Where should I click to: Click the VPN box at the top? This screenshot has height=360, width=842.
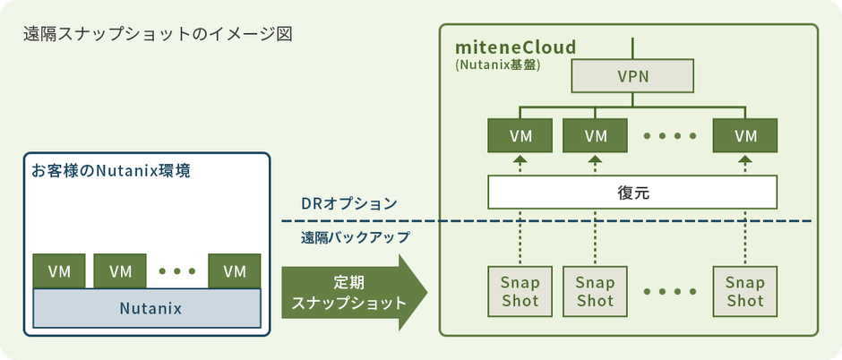(x=632, y=77)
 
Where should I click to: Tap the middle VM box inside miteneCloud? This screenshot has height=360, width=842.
(x=595, y=135)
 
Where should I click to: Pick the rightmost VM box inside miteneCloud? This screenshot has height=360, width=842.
(x=744, y=135)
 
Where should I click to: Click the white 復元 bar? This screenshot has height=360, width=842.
(x=632, y=191)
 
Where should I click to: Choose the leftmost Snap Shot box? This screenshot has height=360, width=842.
(x=520, y=290)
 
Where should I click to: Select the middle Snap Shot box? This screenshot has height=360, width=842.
(x=595, y=290)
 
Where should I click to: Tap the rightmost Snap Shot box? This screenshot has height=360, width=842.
(x=744, y=290)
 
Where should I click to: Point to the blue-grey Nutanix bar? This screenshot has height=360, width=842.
(x=147, y=309)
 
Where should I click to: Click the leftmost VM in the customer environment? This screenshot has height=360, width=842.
(x=59, y=270)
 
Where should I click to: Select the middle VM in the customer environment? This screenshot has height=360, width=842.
(x=120, y=270)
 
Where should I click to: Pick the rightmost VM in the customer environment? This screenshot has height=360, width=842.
(x=235, y=270)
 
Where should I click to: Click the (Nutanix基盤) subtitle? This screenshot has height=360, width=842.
(x=497, y=65)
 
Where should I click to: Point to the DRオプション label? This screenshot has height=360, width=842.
(x=348, y=203)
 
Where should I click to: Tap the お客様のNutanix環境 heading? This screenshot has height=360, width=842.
(x=110, y=170)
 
